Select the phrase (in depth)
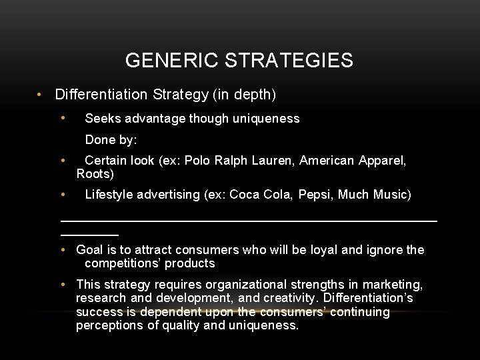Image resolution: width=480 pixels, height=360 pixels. pos(245,95)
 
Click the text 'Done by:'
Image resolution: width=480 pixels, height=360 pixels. pos(111,141)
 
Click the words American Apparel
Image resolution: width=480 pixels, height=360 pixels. pos(353,161)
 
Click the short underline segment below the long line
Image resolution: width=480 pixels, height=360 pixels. pos(89,235)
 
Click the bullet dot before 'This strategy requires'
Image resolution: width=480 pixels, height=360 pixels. pos(61,285)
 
